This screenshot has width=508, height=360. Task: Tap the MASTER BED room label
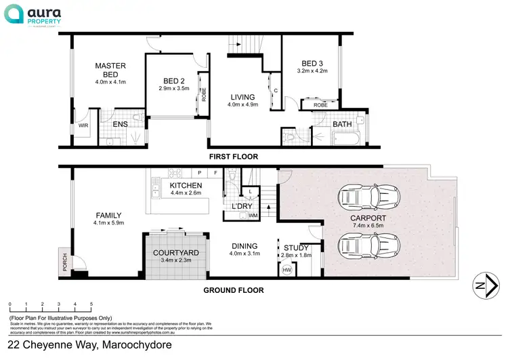pos(110,70)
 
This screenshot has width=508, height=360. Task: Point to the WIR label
pos(83,125)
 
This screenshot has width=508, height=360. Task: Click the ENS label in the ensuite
pos(120,124)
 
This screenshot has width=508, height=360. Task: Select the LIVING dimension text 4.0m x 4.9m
pos(243,104)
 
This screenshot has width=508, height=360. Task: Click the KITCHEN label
pos(186,185)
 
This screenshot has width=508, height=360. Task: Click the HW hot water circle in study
pos(287,270)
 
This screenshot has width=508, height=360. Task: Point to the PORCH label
pos(65,258)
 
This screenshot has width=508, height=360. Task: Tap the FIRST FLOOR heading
pos(233,157)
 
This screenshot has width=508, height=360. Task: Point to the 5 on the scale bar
pos(91,304)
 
